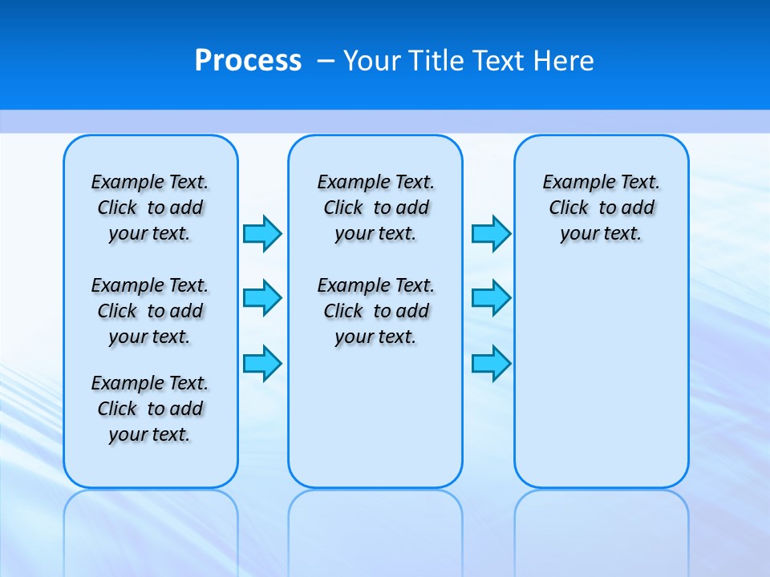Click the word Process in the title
248,61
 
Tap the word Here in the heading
565,61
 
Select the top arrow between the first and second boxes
262,233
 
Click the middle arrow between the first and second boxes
262,298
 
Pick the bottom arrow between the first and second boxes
262,363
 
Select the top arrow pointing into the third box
491,233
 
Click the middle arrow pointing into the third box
491,298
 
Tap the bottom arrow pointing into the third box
491,363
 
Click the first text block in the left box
150,208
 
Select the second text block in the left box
150,311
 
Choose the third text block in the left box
150,409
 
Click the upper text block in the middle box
375,208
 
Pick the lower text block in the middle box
375,311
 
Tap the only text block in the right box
601,208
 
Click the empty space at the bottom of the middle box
375,425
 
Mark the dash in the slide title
326,61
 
